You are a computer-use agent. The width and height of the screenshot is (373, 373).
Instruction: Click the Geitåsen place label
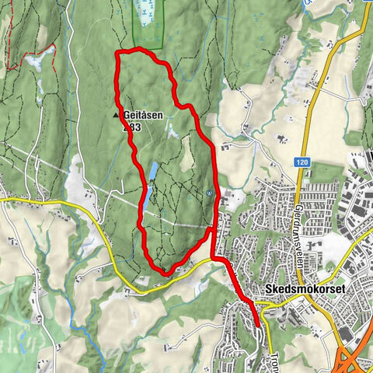[144, 115]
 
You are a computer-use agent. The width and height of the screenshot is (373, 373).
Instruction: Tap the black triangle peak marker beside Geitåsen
[117, 115]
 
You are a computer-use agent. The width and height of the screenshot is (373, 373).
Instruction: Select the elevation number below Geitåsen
[132, 126]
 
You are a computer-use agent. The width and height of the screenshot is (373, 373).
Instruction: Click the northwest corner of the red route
[117, 53]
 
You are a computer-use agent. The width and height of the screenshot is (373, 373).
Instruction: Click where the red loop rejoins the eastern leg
[212, 229]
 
